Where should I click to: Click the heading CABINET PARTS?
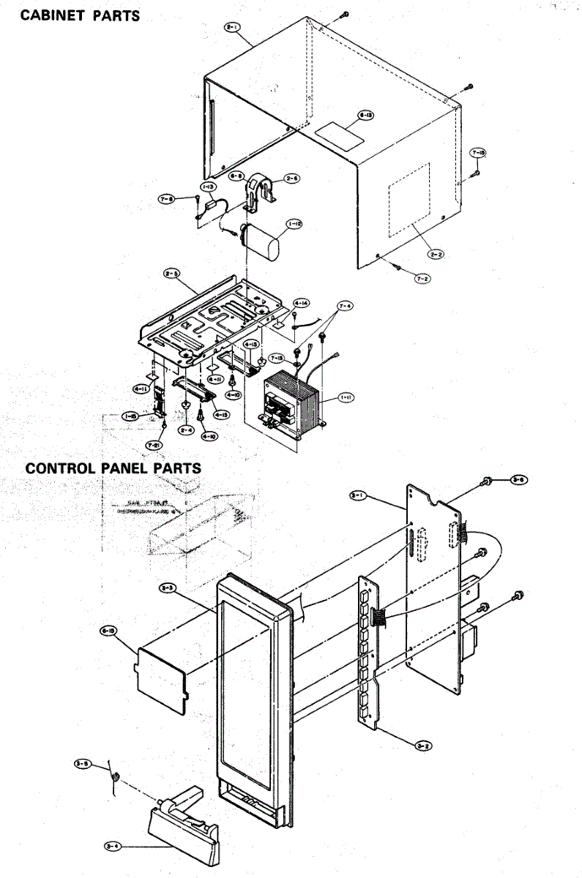tap(80, 15)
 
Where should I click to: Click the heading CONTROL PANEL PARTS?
tap(113, 467)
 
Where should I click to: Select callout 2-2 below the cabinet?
tap(436, 255)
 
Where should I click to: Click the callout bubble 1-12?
tap(294, 224)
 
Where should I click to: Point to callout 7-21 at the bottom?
tap(154, 444)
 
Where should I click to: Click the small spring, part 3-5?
tap(115, 778)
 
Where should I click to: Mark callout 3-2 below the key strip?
tap(422, 745)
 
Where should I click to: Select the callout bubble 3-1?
tap(359, 496)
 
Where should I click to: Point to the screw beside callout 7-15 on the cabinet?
tap(477, 173)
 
